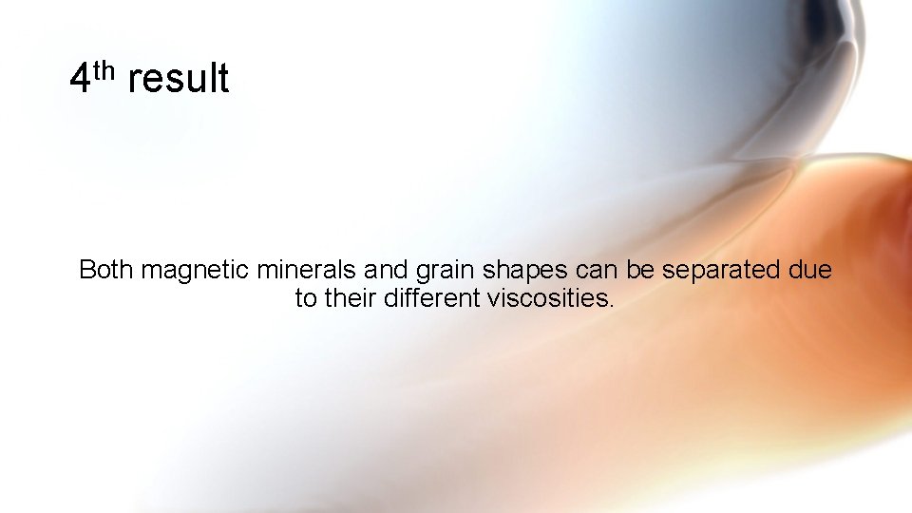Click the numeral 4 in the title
[81, 79]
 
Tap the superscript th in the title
[104, 68]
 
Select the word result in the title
[178, 79]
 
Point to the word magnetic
[196, 271]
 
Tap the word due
[810, 270]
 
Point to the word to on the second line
[306, 299]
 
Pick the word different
[432, 298]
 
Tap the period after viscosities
[612, 305]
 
